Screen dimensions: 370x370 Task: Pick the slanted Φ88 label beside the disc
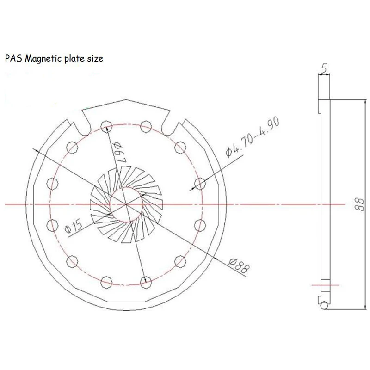pos(237,267)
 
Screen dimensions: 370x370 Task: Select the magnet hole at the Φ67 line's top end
pos(106,124)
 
